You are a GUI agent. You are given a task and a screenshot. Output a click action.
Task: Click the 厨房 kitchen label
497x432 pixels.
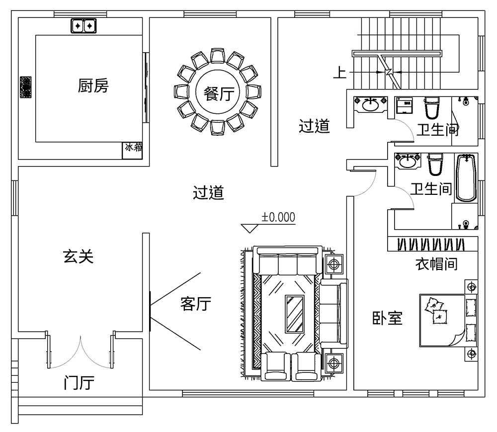click(93, 86)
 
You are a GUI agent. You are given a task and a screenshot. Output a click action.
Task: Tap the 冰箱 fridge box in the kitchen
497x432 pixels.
click(133, 151)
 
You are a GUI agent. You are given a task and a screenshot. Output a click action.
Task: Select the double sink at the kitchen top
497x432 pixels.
click(83, 25)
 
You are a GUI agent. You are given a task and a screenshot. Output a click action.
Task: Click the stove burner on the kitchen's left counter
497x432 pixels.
click(25, 86)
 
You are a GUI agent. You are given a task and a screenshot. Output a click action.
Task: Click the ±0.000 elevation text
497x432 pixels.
click(278, 217)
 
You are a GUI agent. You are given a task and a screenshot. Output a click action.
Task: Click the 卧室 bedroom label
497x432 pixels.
click(387, 318)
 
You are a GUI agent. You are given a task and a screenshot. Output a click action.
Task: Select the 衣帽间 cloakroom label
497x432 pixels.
click(436, 263)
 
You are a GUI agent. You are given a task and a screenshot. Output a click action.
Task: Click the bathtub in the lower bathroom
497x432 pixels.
click(466, 177)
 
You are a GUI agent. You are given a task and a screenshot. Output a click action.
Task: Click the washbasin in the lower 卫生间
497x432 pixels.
click(408, 161)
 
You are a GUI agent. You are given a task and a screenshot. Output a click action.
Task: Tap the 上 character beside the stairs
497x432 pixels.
click(339, 73)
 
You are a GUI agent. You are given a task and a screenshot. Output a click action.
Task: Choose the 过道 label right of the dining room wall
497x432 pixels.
click(314, 126)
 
